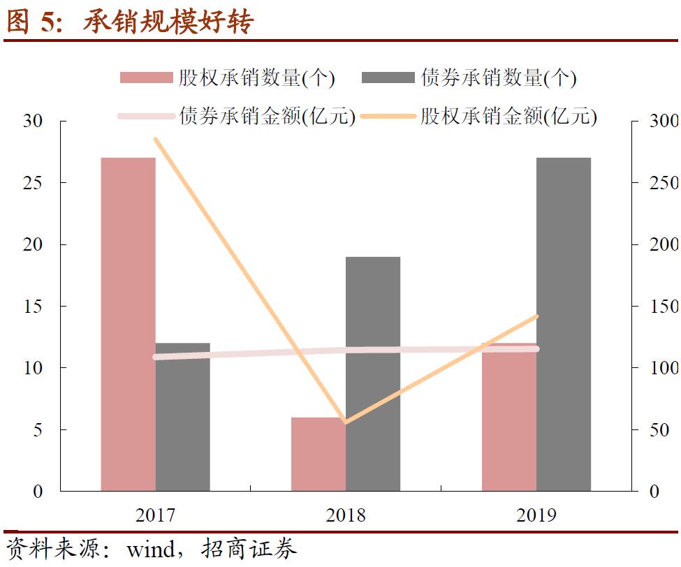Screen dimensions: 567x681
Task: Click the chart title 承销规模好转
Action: pyautogui.click(x=168, y=22)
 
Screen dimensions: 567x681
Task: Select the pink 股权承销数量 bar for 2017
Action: pyautogui.click(x=128, y=324)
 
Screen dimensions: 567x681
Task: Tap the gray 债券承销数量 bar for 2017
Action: pyautogui.click(x=182, y=417)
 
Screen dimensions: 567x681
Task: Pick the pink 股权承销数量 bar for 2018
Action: pyautogui.click(x=318, y=454)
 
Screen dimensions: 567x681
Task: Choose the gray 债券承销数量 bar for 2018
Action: pyautogui.click(x=373, y=374)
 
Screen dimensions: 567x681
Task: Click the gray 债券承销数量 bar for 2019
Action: pyautogui.click(x=564, y=324)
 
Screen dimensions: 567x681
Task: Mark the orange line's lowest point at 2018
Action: pyautogui.click(x=346, y=422)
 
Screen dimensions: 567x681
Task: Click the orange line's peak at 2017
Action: pyautogui.click(x=156, y=140)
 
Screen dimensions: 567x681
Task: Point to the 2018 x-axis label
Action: pyautogui.click(x=346, y=515)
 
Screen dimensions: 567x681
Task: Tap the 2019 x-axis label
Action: pyautogui.click(x=536, y=515)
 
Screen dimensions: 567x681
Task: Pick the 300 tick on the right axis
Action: pyautogui.click(x=664, y=121)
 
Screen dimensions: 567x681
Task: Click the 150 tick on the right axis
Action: pyautogui.click(x=664, y=306)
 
